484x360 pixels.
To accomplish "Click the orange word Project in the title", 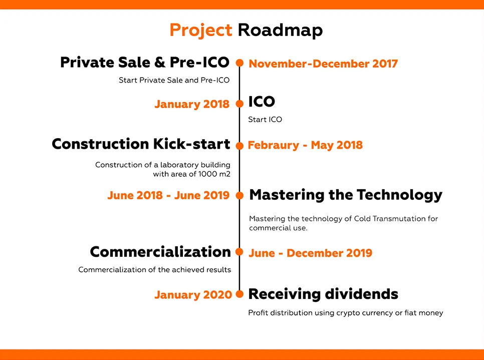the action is coord(200,31).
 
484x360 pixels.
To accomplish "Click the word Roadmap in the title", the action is coord(280,30).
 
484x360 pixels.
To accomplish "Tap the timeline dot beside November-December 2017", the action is coord(239,63).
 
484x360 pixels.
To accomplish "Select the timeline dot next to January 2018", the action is coord(239,104).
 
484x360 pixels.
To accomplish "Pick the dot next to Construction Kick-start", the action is coord(239,146).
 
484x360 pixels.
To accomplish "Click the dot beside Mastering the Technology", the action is coord(239,195).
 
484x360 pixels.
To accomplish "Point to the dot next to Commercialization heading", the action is coord(239,252).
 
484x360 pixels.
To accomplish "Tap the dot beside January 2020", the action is coord(239,294).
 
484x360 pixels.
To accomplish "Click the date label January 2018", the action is coord(192,104).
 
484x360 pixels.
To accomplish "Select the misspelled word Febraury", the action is coord(274,146).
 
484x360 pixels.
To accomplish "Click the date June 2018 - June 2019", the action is coord(168,195).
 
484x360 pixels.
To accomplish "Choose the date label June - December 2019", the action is coord(311,253).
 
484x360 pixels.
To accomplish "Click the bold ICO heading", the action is coord(262,102).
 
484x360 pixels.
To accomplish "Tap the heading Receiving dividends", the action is coord(323,294).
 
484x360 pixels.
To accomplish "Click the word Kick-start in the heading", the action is coord(192,144).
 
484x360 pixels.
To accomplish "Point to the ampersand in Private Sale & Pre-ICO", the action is coord(160,62).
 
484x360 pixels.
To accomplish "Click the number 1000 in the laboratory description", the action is coord(207,174).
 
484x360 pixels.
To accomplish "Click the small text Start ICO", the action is coord(265,120).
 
